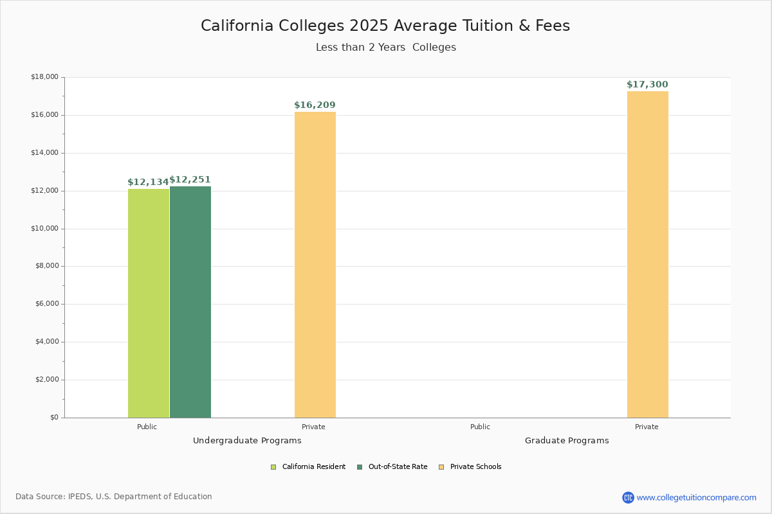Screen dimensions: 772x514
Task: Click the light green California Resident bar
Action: [149, 303]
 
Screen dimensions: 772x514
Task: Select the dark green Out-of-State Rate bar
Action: [190, 302]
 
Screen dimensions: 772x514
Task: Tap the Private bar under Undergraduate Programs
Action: [315, 265]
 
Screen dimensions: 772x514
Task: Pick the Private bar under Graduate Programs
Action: [648, 254]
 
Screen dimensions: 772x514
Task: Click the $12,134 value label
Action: [148, 182]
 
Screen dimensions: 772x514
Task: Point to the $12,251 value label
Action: [190, 180]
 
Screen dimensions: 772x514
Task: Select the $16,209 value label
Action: [315, 105]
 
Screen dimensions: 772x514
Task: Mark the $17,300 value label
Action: [647, 84]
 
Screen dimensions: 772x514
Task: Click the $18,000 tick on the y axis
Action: [45, 76]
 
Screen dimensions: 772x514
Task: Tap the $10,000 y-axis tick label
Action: [45, 229]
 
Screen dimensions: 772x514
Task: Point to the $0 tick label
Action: [55, 418]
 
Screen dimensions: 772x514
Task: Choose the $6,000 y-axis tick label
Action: [47, 304]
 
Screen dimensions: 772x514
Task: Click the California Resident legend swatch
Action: [273, 467]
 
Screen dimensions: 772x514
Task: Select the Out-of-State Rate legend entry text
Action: [398, 467]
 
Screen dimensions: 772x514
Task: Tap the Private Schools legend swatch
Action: [441, 467]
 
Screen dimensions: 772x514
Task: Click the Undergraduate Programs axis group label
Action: [247, 441]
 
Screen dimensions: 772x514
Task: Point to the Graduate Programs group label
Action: [567, 441]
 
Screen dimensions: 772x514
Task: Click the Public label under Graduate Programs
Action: [480, 427]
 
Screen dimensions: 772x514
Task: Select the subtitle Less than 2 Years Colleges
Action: [386, 47]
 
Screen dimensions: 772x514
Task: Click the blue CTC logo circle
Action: [628, 497]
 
